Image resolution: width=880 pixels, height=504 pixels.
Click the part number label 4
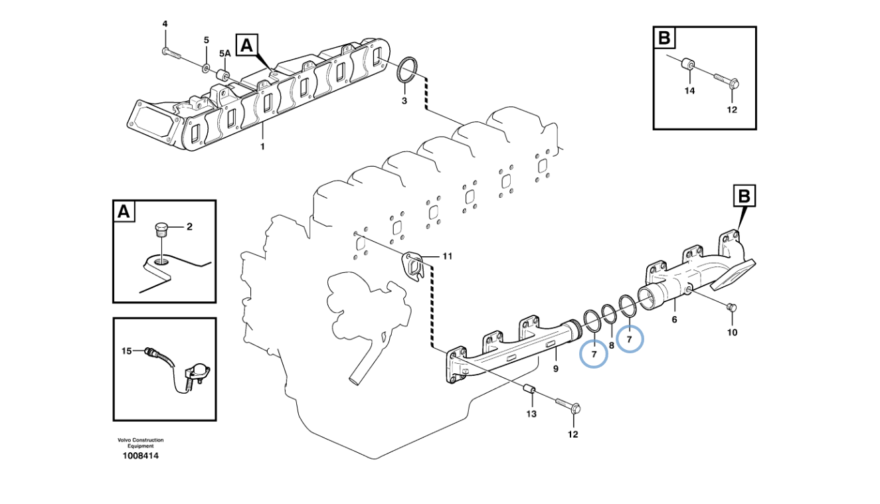tap(165, 25)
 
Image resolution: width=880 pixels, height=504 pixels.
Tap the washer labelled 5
tap(206, 67)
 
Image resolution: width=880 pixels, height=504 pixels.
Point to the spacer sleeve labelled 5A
tap(224, 74)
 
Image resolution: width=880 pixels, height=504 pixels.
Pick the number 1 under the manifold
tap(262, 146)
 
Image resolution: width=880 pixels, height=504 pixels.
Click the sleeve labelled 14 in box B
tap(689, 65)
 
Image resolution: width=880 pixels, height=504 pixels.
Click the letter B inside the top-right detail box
tap(664, 37)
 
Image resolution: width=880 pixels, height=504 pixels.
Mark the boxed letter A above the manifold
tap(246, 45)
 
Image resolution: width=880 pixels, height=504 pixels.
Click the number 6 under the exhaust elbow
tap(674, 319)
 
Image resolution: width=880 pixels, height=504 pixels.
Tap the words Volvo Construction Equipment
tap(140, 443)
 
